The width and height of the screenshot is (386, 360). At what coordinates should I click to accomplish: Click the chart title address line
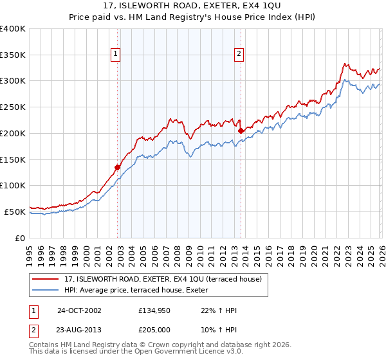pyautogui.click(x=192, y=6)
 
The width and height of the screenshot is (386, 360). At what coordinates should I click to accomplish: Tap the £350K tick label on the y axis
pyautogui.click(x=12, y=55)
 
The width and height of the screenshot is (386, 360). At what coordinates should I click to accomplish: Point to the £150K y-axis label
pyautogui.click(x=12, y=159)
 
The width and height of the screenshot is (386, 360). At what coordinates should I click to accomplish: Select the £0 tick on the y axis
pyautogui.click(x=20, y=238)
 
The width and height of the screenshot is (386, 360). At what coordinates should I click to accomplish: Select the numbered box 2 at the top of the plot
pyautogui.click(x=239, y=55)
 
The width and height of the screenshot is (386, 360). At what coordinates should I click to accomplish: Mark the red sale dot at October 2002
pyautogui.click(x=118, y=167)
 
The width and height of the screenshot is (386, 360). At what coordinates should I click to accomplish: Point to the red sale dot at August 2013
pyautogui.click(x=241, y=130)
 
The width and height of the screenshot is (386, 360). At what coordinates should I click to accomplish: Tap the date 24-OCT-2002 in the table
pyautogui.click(x=78, y=310)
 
